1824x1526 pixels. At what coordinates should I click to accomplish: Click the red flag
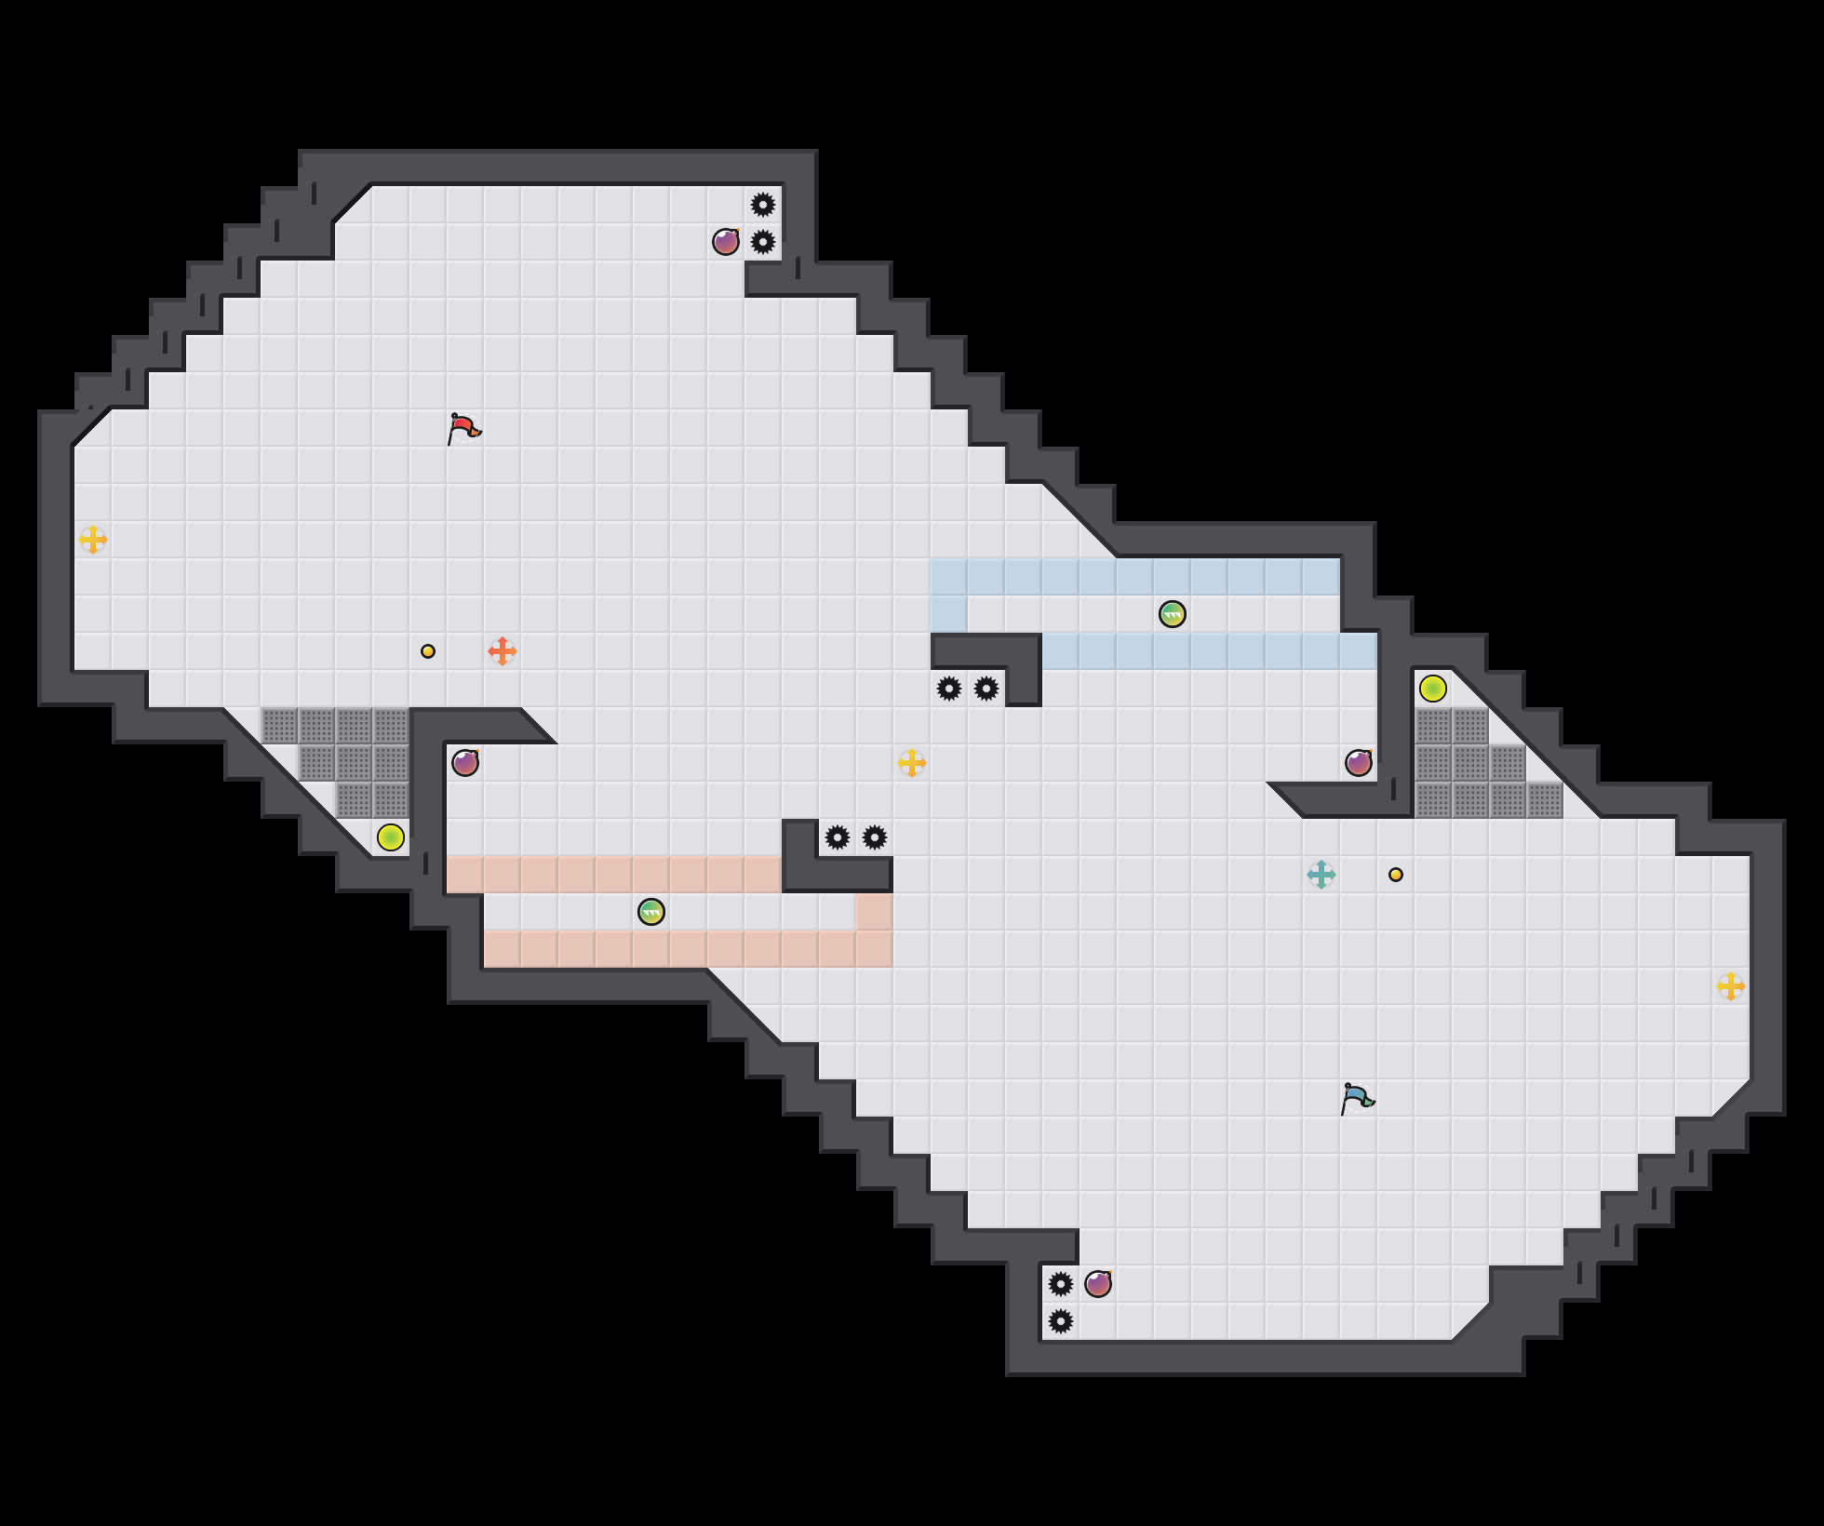[x=463, y=428]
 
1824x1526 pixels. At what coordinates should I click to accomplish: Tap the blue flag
[x=1356, y=1098]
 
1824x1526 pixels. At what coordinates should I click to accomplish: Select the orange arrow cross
[x=503, y=651]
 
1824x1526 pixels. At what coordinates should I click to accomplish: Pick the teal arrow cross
[x=1321, y=875]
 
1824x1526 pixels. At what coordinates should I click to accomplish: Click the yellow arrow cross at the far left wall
[x=93, y=540]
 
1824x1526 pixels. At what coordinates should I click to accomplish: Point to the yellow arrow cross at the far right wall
[x=1731, y=986]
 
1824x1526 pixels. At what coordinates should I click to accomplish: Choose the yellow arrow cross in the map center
[x=912, y=763]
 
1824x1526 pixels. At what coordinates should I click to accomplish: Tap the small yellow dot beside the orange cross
[x=428, y=651]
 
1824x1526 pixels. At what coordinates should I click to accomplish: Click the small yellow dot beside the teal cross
[x=1396, y=875]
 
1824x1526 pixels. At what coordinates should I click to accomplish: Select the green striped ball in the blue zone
[x=1173, y=614]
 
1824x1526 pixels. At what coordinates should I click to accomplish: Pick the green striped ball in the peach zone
[x=651, y=912]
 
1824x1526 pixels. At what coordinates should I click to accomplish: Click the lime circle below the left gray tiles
[x=391, y=837]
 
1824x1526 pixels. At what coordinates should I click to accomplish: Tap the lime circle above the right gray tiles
[x=1433, y=689]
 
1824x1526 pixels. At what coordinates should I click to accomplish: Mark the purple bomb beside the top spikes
[x=726, y=242]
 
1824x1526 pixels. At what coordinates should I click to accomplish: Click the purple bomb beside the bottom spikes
[x=1098, y=1284]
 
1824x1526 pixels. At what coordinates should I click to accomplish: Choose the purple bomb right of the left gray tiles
[x=465, y=763]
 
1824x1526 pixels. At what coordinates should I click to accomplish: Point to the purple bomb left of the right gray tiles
[x=1359, y=763]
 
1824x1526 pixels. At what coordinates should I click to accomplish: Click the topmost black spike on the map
[x=763, y=205]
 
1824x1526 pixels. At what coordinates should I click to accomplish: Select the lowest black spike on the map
[x=1061, y=1321]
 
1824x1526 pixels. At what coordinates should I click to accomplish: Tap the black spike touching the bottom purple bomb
[x=1061, y=1284]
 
